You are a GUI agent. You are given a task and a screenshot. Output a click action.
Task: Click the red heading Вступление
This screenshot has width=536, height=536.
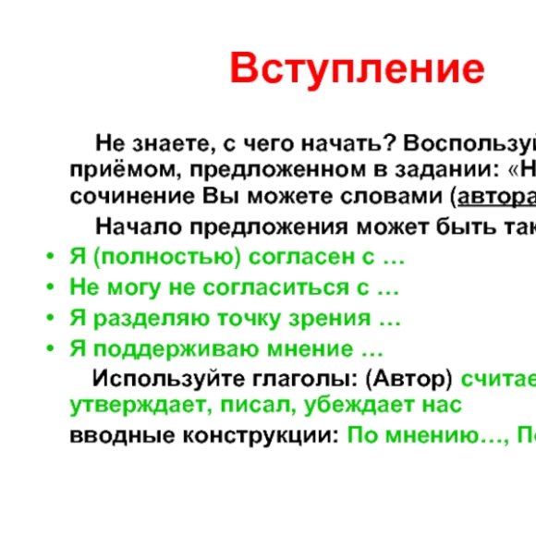pyautogui.click(x=357, y=68)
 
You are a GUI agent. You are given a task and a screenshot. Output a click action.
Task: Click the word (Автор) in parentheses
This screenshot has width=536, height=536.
pyautogui.click(x=410, y=378)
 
